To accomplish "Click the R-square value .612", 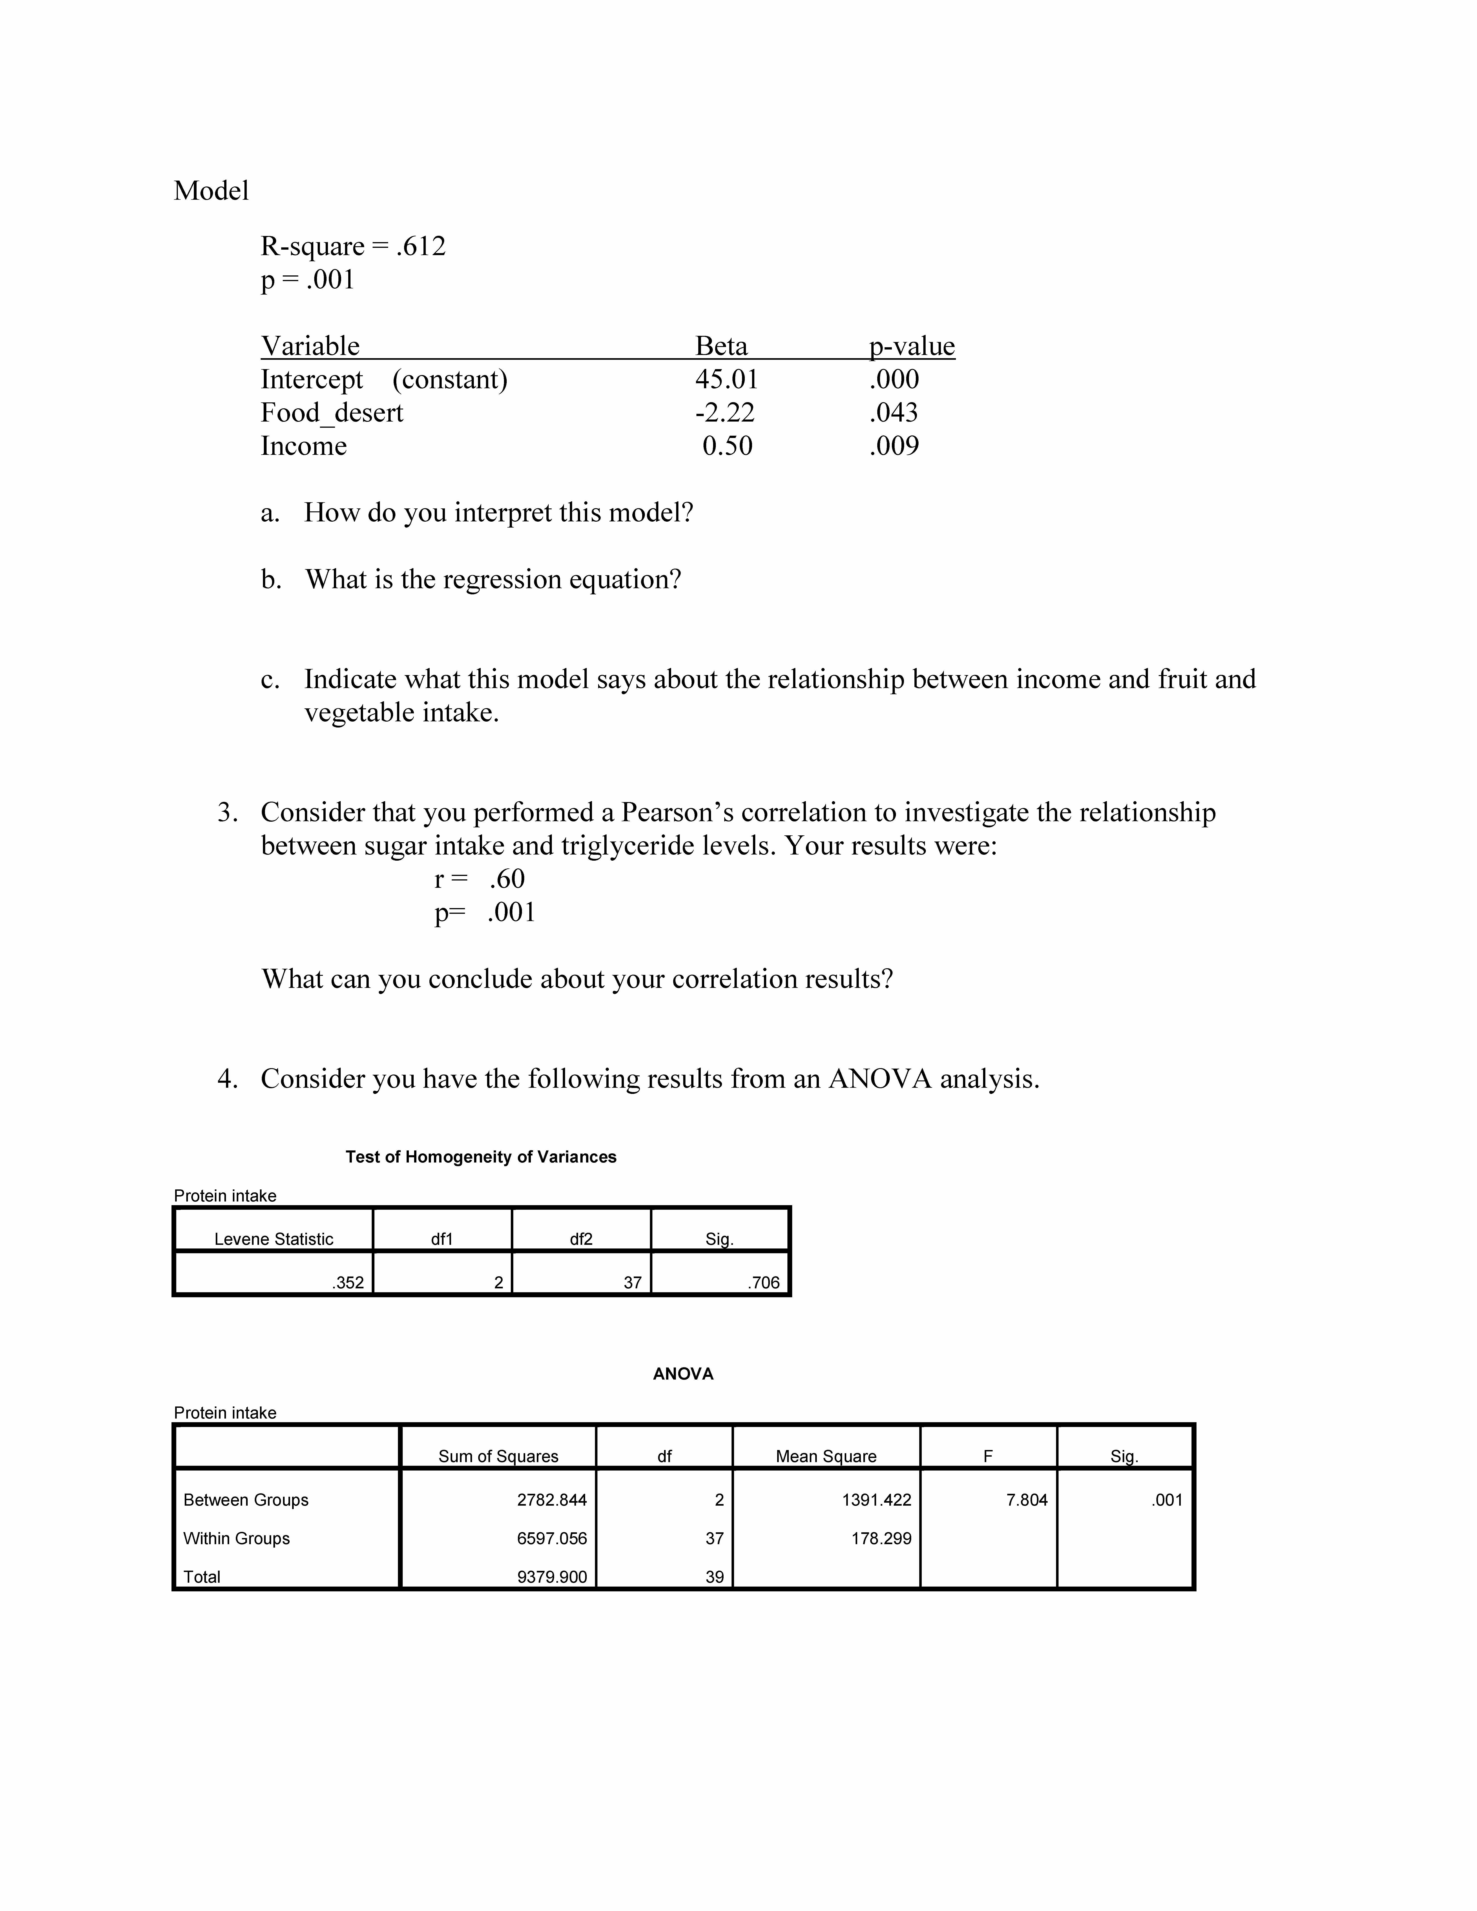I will (x=421, y=247).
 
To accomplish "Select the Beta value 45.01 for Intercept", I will (x=726, y=380).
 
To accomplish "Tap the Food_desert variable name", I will (x=332, y=413).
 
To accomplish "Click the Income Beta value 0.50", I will (x=727, y=446).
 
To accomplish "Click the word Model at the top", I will (x=211, y=191).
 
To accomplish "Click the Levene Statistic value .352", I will (x=348, y=1283).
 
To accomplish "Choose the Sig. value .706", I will (x=764, y=1283).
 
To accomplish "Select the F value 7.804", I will (x=1026, y=1500).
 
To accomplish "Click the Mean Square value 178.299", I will (x=881, y=1538).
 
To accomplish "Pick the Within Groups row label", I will (x=236, y=1538).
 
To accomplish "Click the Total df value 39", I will (x=714, y=1577).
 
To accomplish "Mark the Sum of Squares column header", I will (x=498, y=1456).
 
